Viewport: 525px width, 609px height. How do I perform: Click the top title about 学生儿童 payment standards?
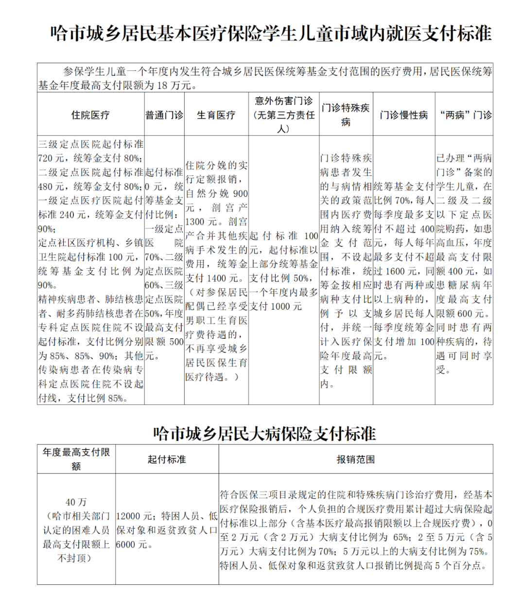[x=271, y=34]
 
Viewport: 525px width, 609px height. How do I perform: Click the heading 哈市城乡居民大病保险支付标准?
[x=264, y=433]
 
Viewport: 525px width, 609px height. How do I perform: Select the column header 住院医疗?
[x=90, y=115]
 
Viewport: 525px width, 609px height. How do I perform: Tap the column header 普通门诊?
[x=164, y=115]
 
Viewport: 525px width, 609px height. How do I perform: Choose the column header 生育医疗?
[x=216, y=115]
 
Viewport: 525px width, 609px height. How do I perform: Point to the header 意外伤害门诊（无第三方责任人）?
[x=284, y=115]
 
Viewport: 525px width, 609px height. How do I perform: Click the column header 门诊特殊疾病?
[x=346, y=115]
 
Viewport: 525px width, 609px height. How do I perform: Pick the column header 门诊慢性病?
[x=404, y=115]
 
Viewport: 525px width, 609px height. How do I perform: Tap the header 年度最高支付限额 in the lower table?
[x=76, y=459]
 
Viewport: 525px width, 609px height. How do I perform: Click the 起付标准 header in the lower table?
[x=167, y=459]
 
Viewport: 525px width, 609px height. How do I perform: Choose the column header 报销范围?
[x=355, y=459]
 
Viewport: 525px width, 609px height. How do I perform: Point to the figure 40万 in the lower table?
[x=76, y=502]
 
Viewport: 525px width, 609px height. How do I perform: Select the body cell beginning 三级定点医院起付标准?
[x=91, y=271]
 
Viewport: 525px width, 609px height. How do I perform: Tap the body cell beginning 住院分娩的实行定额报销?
[x=216, y=271]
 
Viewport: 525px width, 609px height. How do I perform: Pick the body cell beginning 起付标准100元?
[x=284, y=271]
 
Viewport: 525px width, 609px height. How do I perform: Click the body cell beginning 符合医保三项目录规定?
[x=355, y=530]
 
